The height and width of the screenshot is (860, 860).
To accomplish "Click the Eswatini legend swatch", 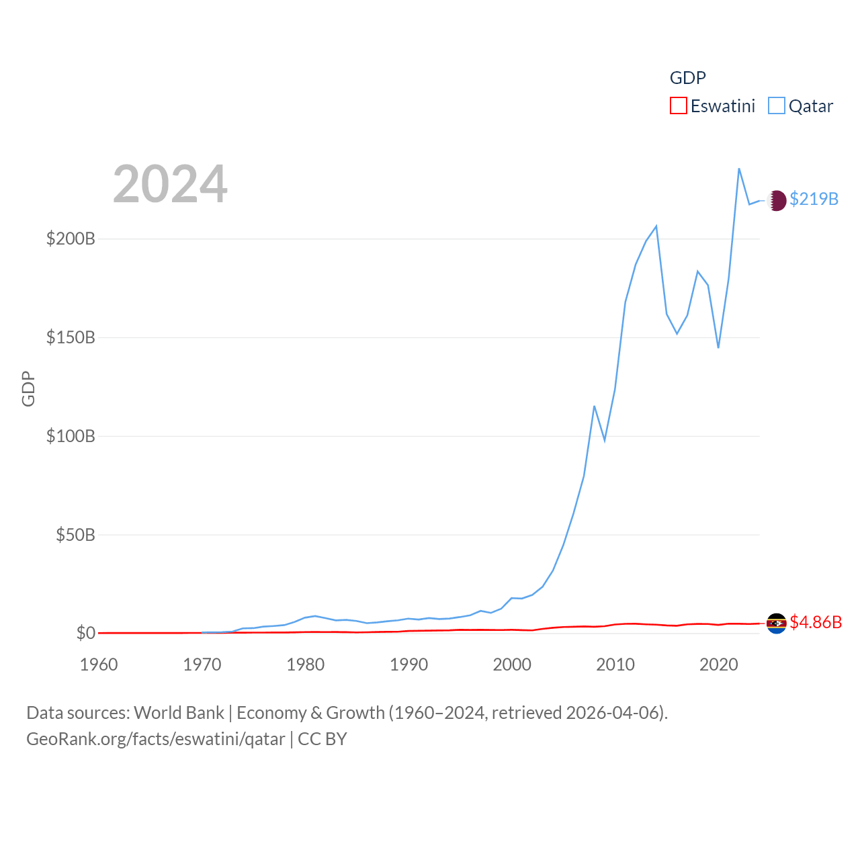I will tap(679, 106).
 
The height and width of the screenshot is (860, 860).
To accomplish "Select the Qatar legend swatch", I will tap(777, 106).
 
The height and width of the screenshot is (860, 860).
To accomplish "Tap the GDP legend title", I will tap(687, 78).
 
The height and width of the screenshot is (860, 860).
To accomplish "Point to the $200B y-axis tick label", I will tap(71, 239).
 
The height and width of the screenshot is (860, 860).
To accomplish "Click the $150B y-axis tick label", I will tap(71, 337).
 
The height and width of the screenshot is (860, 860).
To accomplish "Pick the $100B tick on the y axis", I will tap(71, 436).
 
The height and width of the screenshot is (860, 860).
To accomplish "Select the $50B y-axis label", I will tap(75, 535).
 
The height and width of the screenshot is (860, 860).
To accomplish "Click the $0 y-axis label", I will tap(85, 633).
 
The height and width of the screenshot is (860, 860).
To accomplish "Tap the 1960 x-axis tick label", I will tap(99, 664).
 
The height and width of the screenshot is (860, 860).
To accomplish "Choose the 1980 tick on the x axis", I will tap(305, 664).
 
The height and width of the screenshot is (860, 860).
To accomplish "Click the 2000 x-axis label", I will tap(512, 664).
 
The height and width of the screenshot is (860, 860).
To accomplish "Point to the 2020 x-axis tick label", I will tap(719, 664).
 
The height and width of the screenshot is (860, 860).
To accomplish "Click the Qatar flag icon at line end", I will tap(777, 200).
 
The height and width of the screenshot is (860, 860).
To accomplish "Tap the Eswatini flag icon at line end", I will tap(777, 623).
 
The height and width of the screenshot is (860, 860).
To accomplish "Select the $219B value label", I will tap(814, 199).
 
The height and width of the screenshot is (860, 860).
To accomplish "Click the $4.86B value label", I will tap(816, 622).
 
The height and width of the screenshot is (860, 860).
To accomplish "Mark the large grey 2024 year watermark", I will tap(170, 184).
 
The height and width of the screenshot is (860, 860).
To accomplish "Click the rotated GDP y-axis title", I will tap(28, 388).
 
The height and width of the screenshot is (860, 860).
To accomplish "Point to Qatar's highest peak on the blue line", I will tap(739, 169).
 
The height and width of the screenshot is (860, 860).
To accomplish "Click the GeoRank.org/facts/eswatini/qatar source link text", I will tap(155, 739).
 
